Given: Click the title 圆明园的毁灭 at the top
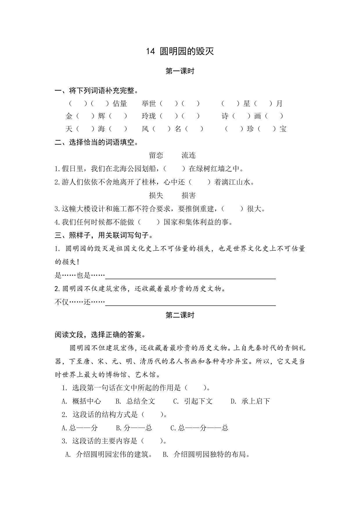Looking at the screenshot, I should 187,51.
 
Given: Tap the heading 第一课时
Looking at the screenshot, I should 180,71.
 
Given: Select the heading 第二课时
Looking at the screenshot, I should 180,315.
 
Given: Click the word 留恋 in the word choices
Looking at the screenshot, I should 156,155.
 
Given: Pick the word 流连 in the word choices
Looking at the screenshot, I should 189,155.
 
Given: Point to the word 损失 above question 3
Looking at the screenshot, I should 156,196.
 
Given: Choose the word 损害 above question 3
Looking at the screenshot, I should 189,196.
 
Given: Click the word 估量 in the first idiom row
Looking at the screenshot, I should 120,103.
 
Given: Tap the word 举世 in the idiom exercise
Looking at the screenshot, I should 149,103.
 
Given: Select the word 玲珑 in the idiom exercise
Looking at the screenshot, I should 149,116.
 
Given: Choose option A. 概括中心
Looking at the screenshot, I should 81,401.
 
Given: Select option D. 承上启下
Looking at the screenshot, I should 250,401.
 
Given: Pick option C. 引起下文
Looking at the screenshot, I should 193,401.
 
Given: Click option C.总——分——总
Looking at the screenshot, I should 199,428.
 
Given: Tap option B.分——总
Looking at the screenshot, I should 134,428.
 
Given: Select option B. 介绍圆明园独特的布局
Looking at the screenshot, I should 206,454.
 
